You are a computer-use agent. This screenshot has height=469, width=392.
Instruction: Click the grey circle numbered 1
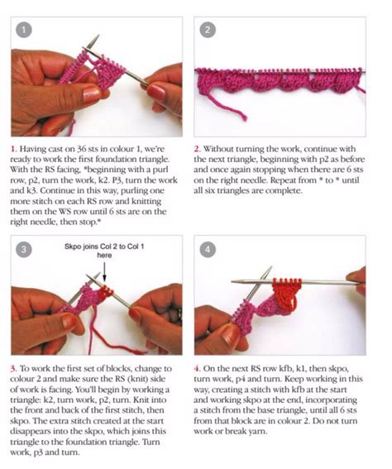(x=26, y=31)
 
